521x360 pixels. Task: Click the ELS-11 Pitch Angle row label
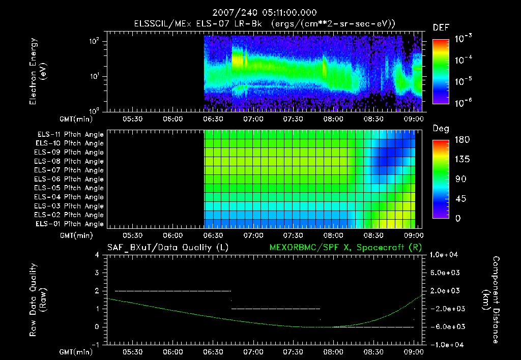click(x=70, y=135)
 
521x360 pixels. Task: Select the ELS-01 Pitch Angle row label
click(x=70, y=224)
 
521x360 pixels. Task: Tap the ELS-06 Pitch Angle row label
click(x=70, y=179)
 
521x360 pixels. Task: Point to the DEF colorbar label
click(x=441, y=27)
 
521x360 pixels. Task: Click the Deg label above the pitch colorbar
click(x=441, y=129)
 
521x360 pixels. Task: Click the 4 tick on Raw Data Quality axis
click(x=98, y=255)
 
